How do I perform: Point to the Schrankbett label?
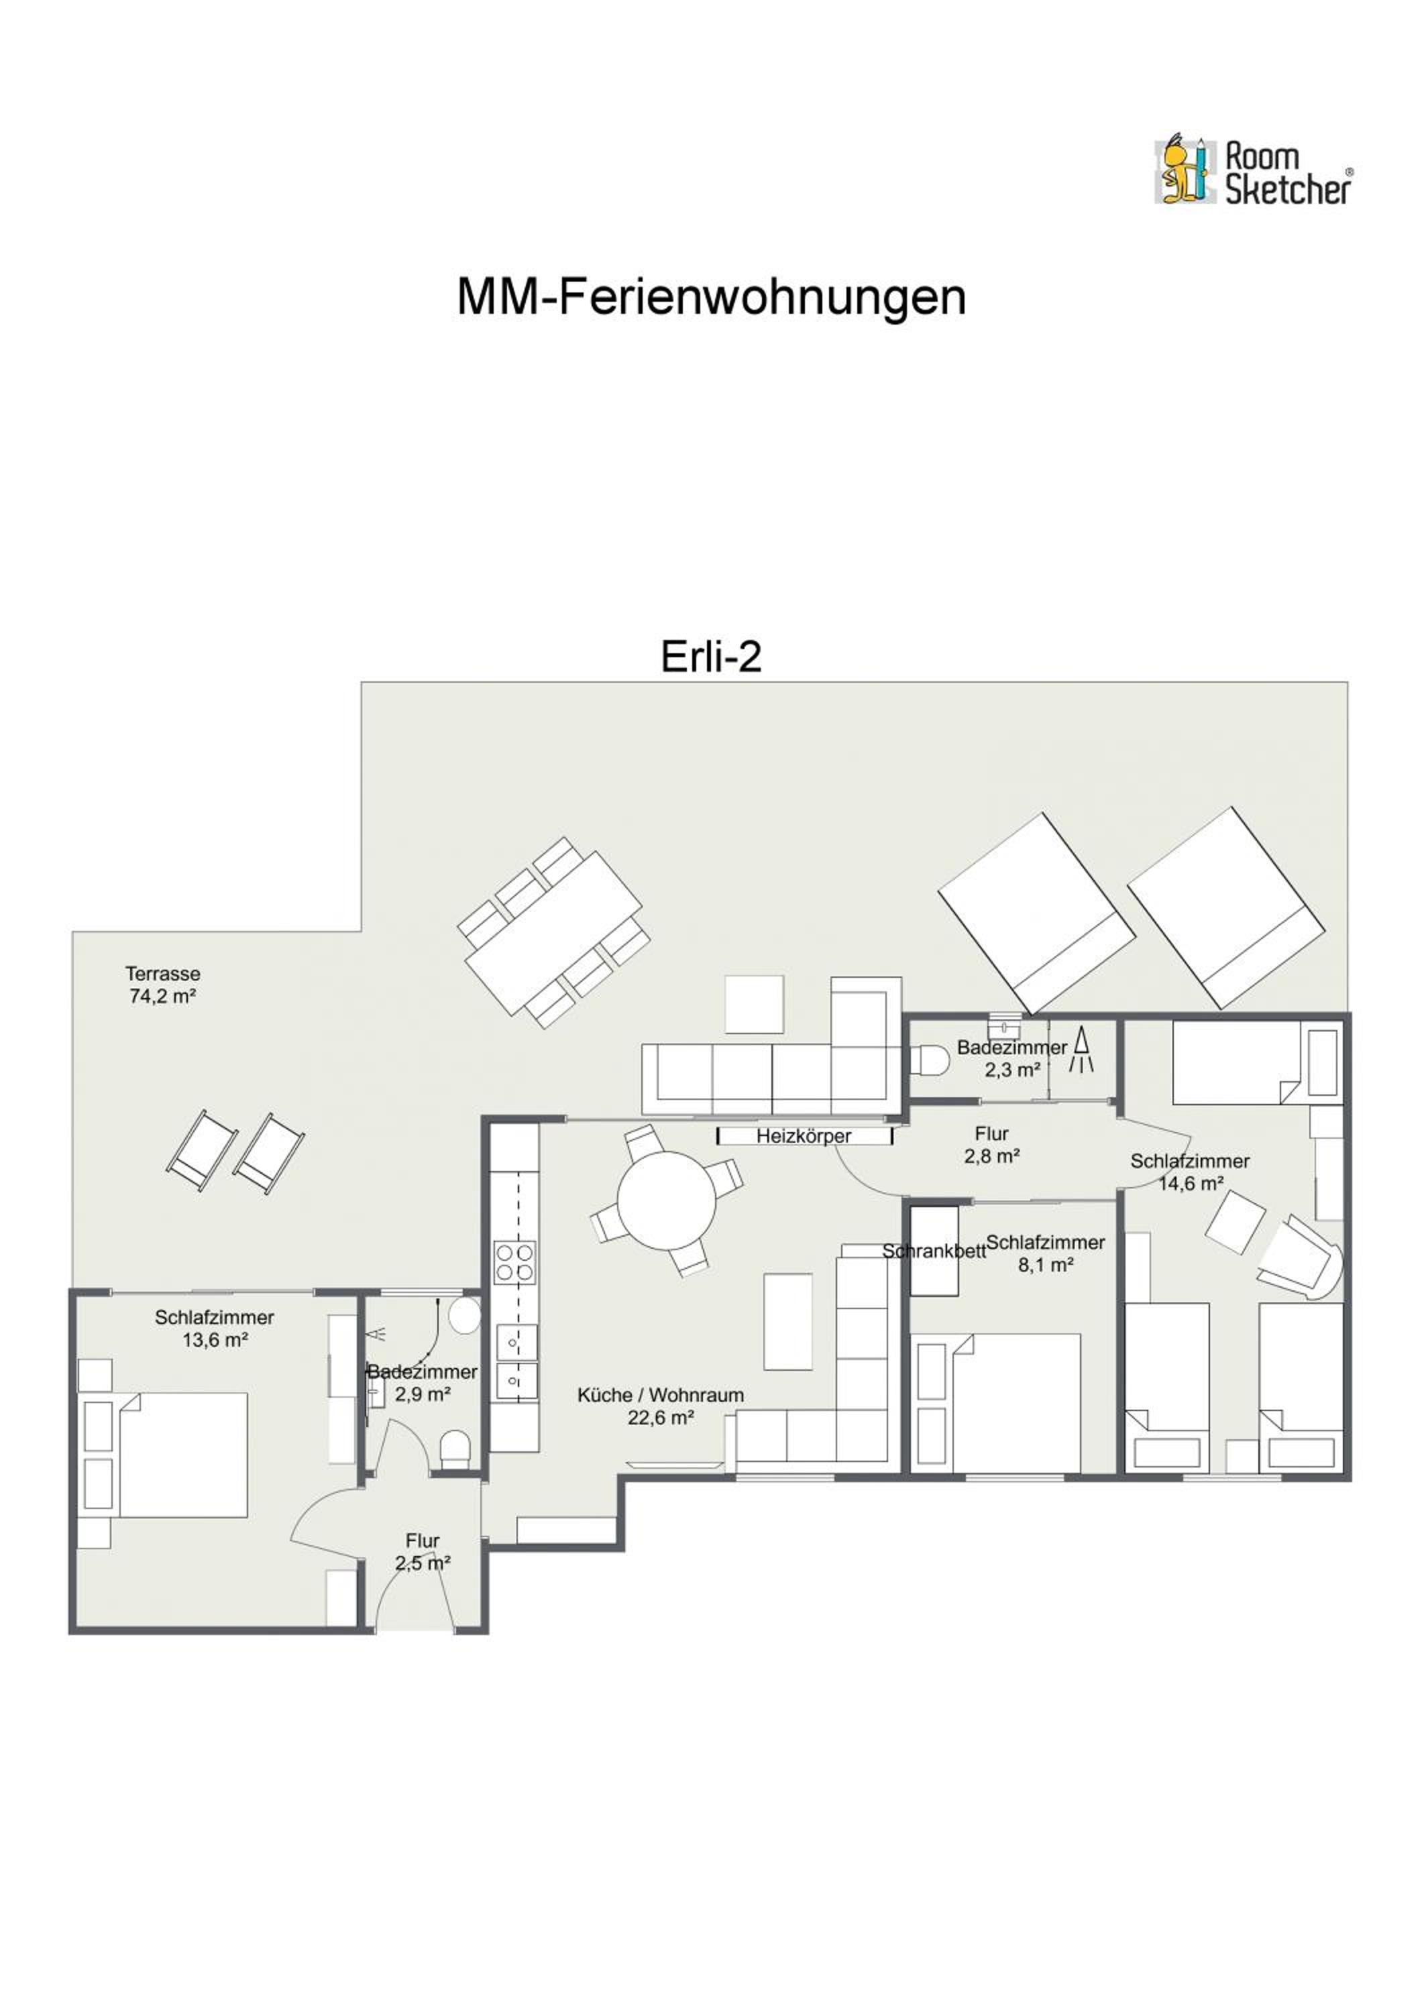(x=934, y=1251)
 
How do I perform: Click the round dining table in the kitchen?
(x=666, y=1200)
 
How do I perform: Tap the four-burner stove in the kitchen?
(x=514, y=1262)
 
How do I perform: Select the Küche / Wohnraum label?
(x=660, y=1406)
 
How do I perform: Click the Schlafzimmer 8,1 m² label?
(x=1045, y=1253)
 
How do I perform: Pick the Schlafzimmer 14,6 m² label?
(x=1189, y=1172)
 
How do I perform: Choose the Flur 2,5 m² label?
(x=423, y=1551)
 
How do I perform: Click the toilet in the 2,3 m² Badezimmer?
(x=929, y=1060)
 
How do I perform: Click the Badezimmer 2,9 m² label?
(x=423, y=1383)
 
